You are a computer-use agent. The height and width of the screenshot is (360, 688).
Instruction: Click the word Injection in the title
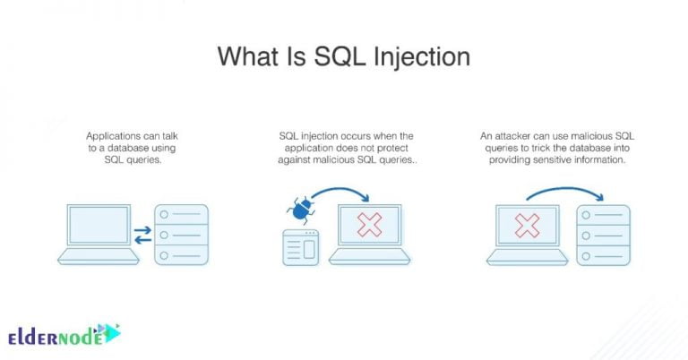(422, 57)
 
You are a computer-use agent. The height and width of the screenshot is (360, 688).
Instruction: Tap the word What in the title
(248, 56)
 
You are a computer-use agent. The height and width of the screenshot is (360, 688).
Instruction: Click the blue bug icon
(300, 210)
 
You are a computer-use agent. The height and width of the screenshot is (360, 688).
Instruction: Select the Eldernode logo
(64, 335)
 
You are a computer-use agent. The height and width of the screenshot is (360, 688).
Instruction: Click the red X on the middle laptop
(369, 225)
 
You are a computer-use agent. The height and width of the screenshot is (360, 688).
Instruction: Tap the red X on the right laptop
(527, 226)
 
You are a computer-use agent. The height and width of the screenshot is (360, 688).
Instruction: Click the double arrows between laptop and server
(142, 235)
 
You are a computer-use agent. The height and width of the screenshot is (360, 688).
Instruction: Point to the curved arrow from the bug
(341, 193)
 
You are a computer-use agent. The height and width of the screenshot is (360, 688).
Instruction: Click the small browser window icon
(301, 248)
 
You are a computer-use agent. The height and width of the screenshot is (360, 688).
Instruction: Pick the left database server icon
(181, 235)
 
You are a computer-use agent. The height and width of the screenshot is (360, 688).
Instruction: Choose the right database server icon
(603, 235)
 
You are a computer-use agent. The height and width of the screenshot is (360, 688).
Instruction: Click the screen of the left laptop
(99, 225)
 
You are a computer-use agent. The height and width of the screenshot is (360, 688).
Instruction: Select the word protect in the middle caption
(392, 148)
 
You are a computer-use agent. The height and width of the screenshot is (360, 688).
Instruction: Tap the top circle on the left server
(164, 214)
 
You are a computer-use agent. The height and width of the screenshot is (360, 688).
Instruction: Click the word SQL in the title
(340, 57)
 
